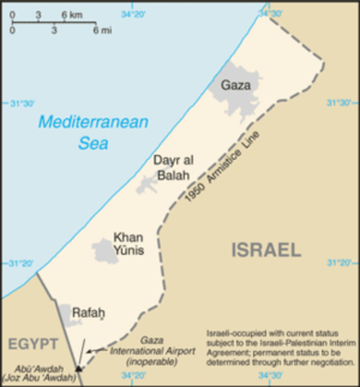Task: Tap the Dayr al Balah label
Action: (x=172, y=168)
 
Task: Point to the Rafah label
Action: (x=89, y=312)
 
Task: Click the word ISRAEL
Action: (x=266, y=250)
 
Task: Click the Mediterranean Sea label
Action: (x=94, y=133)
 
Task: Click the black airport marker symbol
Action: (x=78, y=368)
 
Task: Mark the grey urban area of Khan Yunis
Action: (x=105, y=252)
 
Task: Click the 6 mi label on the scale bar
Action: (x=99, y=31)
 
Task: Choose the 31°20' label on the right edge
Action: (x=341, y=263)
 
